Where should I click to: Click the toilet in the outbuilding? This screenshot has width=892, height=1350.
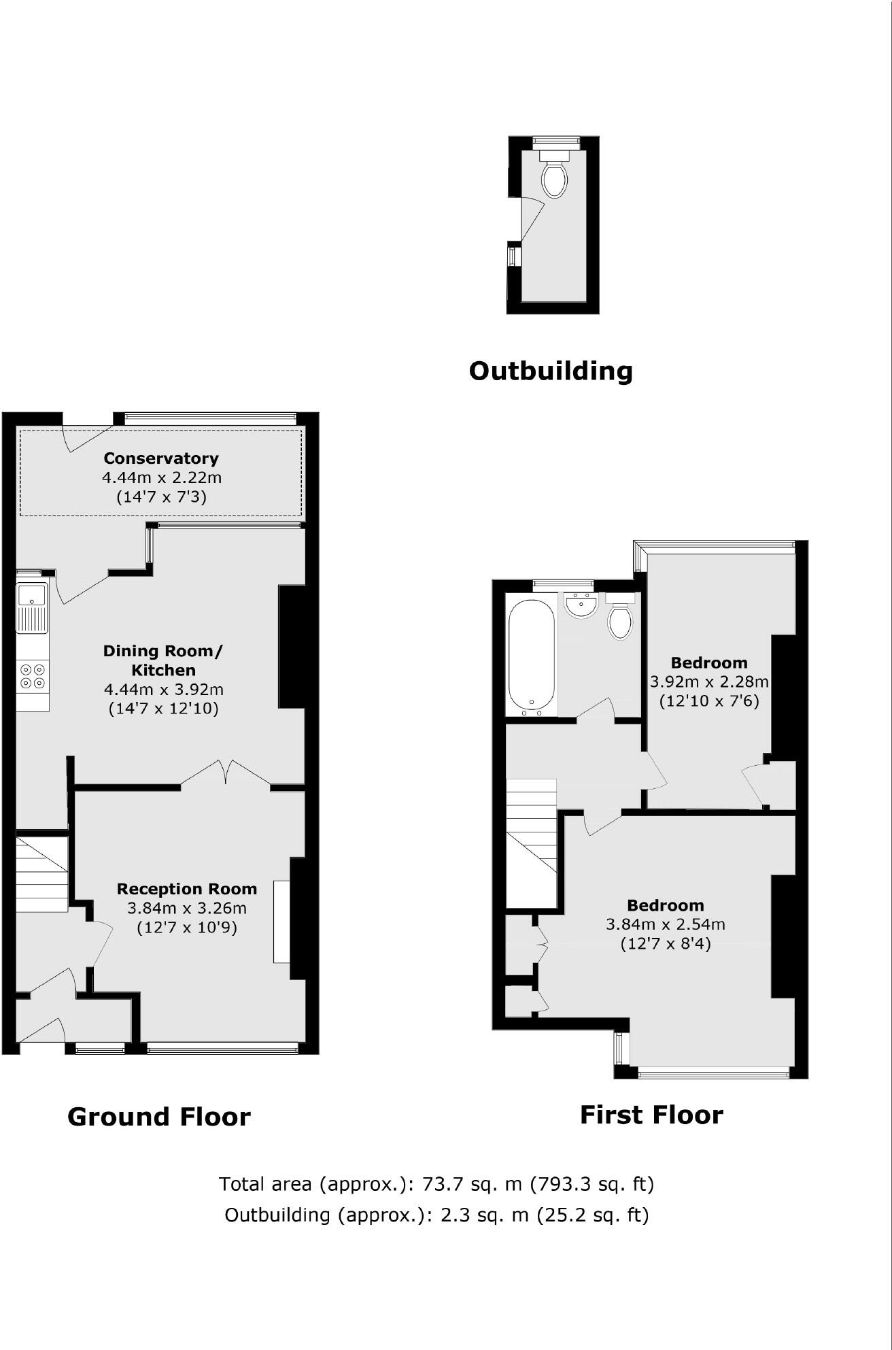(x=554, y=178)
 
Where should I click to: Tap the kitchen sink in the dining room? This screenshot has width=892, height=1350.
(x=32, y=607)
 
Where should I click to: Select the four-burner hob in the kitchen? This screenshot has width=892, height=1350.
(x=33, y=675)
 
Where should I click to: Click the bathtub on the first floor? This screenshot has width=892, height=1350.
(x=532, y=655)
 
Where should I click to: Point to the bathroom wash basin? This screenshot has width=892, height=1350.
(x=581, y=605)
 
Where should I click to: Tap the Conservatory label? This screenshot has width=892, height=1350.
(x=161, y=458)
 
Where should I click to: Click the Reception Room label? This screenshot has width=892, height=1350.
(x=187, y=889)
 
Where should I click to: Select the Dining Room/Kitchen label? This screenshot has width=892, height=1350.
(x=162, y=660)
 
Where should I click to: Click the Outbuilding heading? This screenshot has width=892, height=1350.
(x=551, y=371)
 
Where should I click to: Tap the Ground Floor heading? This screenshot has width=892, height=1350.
(x=159, y=1117)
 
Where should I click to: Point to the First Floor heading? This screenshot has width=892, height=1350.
(x=651, y=1115)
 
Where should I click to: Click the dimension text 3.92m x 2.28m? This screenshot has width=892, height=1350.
(x=709, y=681)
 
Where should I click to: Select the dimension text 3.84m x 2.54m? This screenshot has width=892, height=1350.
(x=666, y=924)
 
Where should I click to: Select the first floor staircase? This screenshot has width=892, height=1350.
(x=531, y=843)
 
